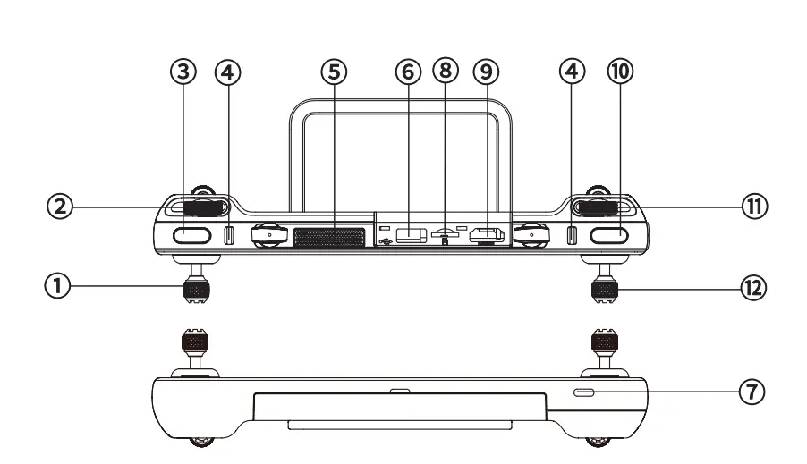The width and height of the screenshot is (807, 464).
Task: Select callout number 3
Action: click(183, 73)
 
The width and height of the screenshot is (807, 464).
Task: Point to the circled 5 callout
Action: click(333, 73)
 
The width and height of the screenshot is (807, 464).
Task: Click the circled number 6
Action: click(408, 73)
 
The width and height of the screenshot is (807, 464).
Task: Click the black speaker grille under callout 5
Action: click(329, 237)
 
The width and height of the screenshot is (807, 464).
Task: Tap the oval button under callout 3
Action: click(192, 236)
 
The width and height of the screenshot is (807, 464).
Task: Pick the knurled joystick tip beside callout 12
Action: click(605, 290)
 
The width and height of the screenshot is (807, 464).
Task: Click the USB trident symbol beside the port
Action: click(385, 240)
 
